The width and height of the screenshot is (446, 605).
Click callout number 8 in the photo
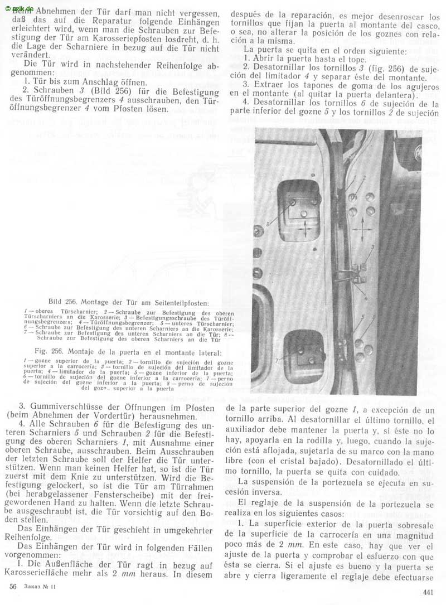point(268,224)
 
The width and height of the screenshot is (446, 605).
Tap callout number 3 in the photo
point(372,246)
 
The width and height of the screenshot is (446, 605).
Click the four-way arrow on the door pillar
point(361,229)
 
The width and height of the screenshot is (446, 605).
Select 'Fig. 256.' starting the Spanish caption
point(51,352)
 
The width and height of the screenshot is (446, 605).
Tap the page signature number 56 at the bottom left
point(13,587)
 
